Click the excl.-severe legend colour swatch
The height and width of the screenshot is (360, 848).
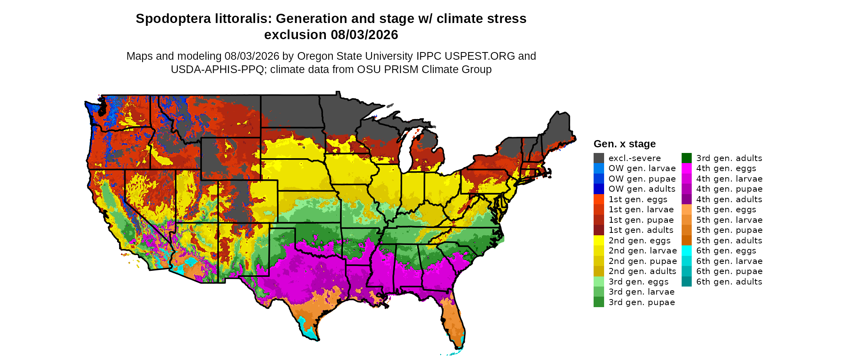click(x=599, y=158)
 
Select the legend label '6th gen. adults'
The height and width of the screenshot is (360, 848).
click(x=729, y=282)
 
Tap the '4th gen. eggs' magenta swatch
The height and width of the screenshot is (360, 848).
click(x=686, y=168)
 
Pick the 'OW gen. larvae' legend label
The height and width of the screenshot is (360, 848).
click(x=642, y=168)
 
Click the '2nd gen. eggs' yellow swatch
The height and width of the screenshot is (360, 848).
click(x=599, y=240)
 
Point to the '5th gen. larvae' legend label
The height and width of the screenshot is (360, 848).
click(x=729, y=220)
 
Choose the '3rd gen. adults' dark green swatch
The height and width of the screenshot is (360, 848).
click(x=686, y=158)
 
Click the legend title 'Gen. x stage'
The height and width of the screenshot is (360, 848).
click(x=625, y=144)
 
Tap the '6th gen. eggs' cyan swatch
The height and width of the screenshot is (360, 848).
click(x=686, y=251)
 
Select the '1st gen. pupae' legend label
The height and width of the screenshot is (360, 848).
click(x=641, y=220)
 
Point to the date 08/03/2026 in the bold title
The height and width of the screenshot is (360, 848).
click(x=365, y=35)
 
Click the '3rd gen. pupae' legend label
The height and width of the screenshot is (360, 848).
click(x=642, y=302)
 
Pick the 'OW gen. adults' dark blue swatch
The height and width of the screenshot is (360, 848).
click(x=599, y=189)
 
